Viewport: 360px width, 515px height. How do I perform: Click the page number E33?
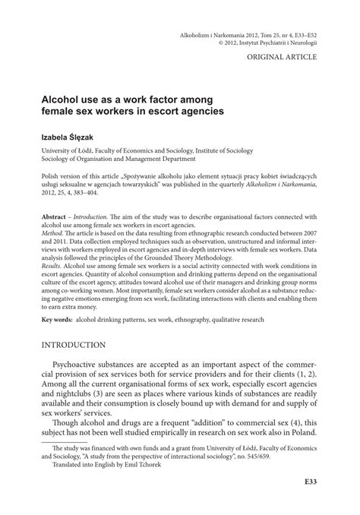click(x=308, y=482)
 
